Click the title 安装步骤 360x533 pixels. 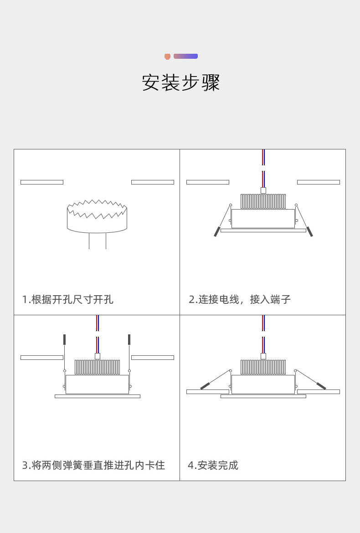click(181, 83)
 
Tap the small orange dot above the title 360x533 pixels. click(167, 56)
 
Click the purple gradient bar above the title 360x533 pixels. click(185, 56)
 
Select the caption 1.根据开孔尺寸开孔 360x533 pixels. click(68, 299)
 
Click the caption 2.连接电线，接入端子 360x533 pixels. click(240, 299)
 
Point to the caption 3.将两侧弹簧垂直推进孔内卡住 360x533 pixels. click(93, 465)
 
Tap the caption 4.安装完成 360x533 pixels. click(213, 465)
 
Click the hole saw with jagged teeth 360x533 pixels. click(97, 216)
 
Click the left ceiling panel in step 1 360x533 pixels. click(42, 182)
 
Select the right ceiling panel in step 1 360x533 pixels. click(152, 182)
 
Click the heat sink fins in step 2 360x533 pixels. click(263, 201)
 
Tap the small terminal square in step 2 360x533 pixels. click(263, 190)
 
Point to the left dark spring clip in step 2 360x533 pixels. click(217, 231)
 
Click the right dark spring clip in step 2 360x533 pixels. click(309, 231)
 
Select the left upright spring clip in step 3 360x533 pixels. click(65, 339)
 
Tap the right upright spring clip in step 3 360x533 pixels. click(129, 339)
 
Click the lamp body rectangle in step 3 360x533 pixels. click(97, 384)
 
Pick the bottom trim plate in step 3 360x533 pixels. click(97, 396)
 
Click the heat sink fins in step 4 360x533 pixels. click(263, 367)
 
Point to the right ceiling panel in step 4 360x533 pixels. click(318, 392)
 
